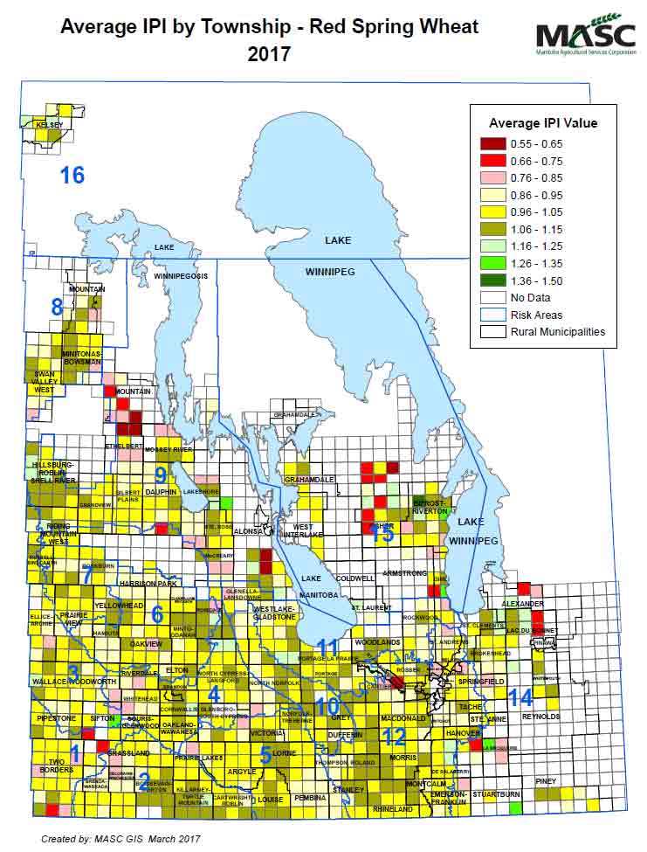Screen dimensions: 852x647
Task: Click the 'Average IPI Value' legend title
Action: [542, 122]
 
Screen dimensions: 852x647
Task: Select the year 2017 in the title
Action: [269, 54]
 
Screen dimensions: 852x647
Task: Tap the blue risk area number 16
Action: [72, 175]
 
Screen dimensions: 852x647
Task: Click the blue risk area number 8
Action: [58, 307]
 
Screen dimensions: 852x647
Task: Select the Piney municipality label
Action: [547, 780]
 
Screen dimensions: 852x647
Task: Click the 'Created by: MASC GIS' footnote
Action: [120, 838]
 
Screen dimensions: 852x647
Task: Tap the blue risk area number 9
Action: [160, 474]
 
